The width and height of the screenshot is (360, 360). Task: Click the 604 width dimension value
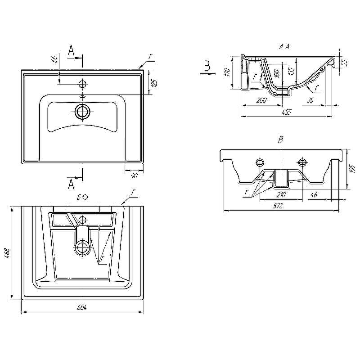click(81, 307)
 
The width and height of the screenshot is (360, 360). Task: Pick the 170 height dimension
click(228, 72)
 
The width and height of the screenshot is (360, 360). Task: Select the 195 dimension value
click(352, 169)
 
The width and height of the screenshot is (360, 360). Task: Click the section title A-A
click(284, 46)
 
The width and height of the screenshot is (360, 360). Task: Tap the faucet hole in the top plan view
click(82, 83)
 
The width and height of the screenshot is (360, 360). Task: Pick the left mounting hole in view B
click(260, 162)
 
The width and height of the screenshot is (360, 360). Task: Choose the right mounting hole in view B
click(301, 162)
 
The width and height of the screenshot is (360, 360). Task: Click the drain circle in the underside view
click(82, 247)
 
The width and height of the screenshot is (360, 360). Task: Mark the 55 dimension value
click(345, 63)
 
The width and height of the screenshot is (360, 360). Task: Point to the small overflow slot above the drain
click(82, 96)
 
